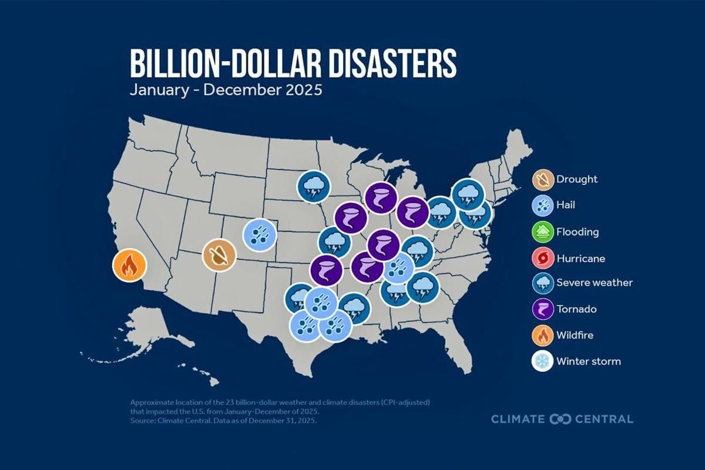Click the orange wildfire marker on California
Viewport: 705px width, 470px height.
click(x=129, y=266)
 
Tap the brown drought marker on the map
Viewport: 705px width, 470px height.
click(x=219, y=256)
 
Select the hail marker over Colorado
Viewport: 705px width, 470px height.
click(x=260, y=234)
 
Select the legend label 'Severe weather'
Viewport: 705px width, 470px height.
click(x=596, y=283)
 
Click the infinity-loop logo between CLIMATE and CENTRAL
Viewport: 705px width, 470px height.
click(x=560, y=419)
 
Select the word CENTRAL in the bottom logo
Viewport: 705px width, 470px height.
click(x=605, y=419)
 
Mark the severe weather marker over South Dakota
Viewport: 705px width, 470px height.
click(x=313, y=186)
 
